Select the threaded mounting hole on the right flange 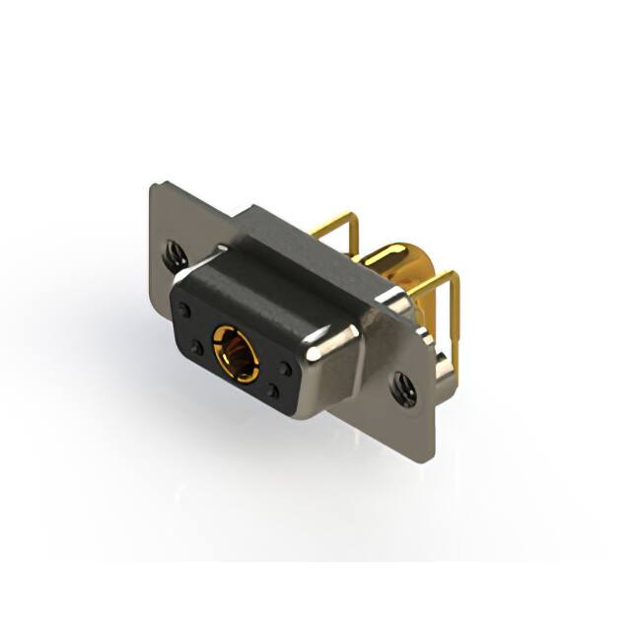[402, 388]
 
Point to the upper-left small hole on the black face [184, 309]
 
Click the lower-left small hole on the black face [197, 347]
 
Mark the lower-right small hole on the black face [273, 391]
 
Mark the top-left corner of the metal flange [155, 187]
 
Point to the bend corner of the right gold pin [453, 277]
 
